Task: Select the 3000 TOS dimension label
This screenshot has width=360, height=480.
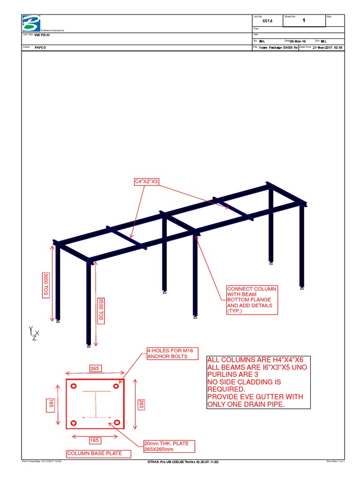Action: [46, 284]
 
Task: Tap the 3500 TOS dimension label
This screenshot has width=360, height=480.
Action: [100, 309]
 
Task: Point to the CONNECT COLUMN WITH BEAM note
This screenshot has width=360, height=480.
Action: [252, 300]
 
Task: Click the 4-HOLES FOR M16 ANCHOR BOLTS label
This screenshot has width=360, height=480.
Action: [167, 353]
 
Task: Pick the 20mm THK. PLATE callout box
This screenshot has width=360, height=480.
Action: [169, 447]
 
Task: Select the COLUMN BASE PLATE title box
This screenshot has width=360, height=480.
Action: [98, 453]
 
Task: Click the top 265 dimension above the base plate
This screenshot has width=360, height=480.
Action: [95, 368]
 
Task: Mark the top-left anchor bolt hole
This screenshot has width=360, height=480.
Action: [74, 387]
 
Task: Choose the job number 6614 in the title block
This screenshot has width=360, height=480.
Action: [268, 21]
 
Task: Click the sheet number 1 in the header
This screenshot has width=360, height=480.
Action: [303, 21]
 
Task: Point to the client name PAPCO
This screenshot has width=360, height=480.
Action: [41, 48]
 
